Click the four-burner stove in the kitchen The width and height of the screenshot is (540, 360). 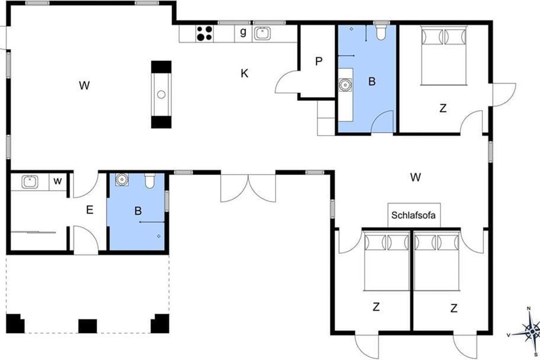pyautogui.click(x=204, y=33)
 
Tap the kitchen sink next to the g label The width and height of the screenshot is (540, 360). pyautogui.click(x=262, y=33)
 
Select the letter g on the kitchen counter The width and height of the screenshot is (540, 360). pyautogui.click(x=243, y=31)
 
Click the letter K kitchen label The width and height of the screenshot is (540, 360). pyautogui.click(x=244, y=73)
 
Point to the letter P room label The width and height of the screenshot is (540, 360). pyautogui.click(x=319, y=61)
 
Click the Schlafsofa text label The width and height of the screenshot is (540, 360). pyautogui.click(x=414, y=215)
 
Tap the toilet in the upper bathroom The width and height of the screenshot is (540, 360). pyautogui.click(x=381, y=32)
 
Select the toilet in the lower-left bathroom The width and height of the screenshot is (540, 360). pyautogui.click(x=150, y=180)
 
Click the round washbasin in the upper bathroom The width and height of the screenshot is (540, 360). pyautogui.click(x=345, y=85)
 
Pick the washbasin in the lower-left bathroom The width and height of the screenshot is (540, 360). pyautogui.click(x=122, y=180)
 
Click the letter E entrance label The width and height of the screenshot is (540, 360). pyautogui.click(x=90, y=210)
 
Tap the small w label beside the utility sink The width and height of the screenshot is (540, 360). pyautogui.click(x=58, y=180)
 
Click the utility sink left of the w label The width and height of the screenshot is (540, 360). pyautogui.click(x=30, y=182)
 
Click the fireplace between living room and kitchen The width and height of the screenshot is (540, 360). pyautogui.click(x=161, y=94)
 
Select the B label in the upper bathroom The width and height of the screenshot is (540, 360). pyautogui.click(x=372, y=81)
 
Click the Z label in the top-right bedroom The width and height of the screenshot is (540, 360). pyautogui.click(x=443, y=108)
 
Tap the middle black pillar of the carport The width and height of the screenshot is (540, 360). pyautogui.click(x=88, y=326)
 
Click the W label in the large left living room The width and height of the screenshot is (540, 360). pyautogui.click(x=85, y=85)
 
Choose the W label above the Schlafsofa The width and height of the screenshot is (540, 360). pyautogui.click(x=416, y=177)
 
